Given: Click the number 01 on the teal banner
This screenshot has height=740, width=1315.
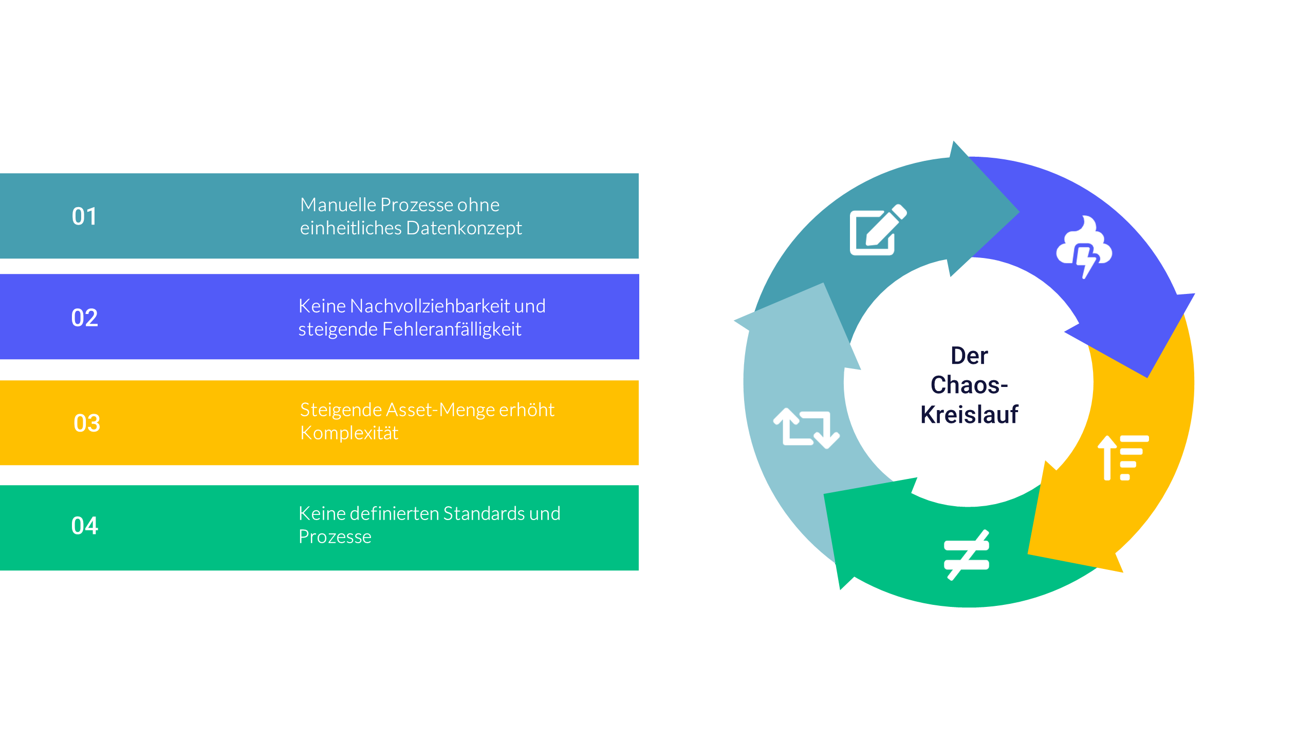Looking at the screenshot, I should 84,216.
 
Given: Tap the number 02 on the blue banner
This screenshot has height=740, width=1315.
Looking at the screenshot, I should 84,318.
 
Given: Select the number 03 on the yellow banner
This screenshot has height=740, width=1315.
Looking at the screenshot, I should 86,423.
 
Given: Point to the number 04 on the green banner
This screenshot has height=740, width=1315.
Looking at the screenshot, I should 84,526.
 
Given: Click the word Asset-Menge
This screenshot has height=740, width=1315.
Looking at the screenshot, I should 441,410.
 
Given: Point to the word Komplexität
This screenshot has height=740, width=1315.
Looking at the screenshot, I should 349,433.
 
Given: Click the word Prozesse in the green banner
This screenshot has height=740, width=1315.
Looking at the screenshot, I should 335,537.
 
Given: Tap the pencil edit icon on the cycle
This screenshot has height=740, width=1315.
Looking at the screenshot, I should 877,230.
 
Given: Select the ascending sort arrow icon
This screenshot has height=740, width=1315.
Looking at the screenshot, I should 1122,458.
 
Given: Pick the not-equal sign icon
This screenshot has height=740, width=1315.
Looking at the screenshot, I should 967,555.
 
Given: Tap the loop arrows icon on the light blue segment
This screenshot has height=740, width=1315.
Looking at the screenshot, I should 806,428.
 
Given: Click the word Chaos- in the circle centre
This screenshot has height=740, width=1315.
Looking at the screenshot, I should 969,385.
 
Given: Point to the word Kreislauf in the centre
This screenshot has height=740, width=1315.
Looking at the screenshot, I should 969,415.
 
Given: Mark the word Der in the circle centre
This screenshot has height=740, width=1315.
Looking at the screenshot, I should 969,356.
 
